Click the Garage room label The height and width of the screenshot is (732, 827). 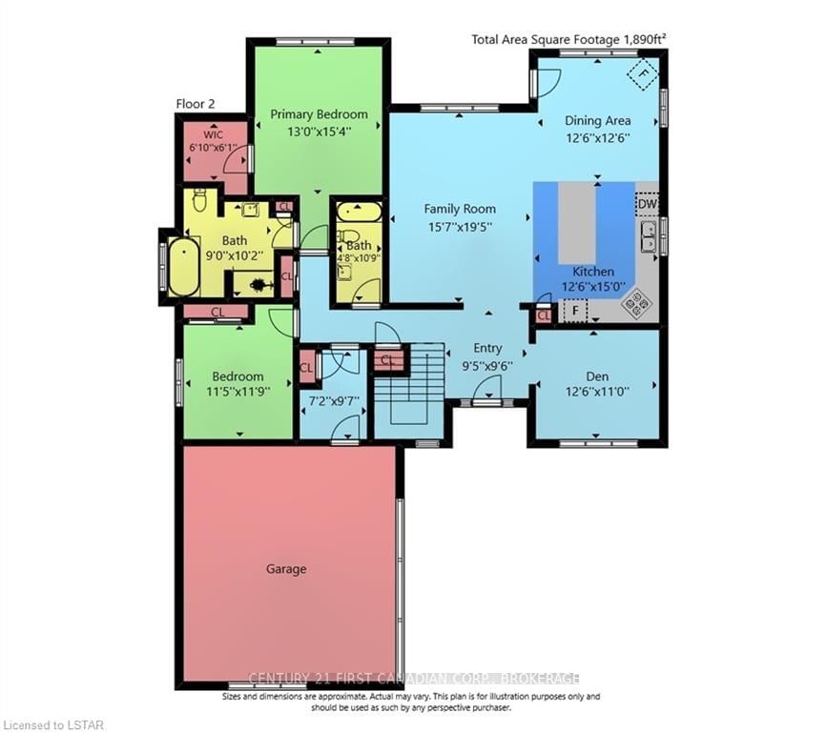[x=286, y=569]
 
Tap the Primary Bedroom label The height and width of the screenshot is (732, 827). [x=319, y=114]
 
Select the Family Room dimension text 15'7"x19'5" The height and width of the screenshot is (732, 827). [x=460, y=227]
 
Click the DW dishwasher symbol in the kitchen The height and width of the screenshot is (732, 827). [x=647, y=204]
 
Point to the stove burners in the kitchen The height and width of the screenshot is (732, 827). [x=636, y=304]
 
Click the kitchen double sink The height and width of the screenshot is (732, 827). [x=649, y=235]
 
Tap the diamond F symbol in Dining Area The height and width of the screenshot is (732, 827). [x=642, y=73]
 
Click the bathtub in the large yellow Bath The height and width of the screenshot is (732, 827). [x=183, y=266]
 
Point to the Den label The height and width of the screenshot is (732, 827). [x=597, y=376]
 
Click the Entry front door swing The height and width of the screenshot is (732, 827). [x=486, y=392]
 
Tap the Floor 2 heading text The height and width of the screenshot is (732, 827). [x=196, y=104]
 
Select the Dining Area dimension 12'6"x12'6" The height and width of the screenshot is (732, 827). [x=598, y=137]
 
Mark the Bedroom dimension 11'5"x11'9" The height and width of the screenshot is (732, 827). [x=238, y=392]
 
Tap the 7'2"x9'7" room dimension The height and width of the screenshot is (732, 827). [x=332, y=400]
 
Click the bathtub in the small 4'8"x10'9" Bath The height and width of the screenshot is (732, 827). [x=359, y=212]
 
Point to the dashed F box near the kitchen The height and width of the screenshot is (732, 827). [x=575, y=311]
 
